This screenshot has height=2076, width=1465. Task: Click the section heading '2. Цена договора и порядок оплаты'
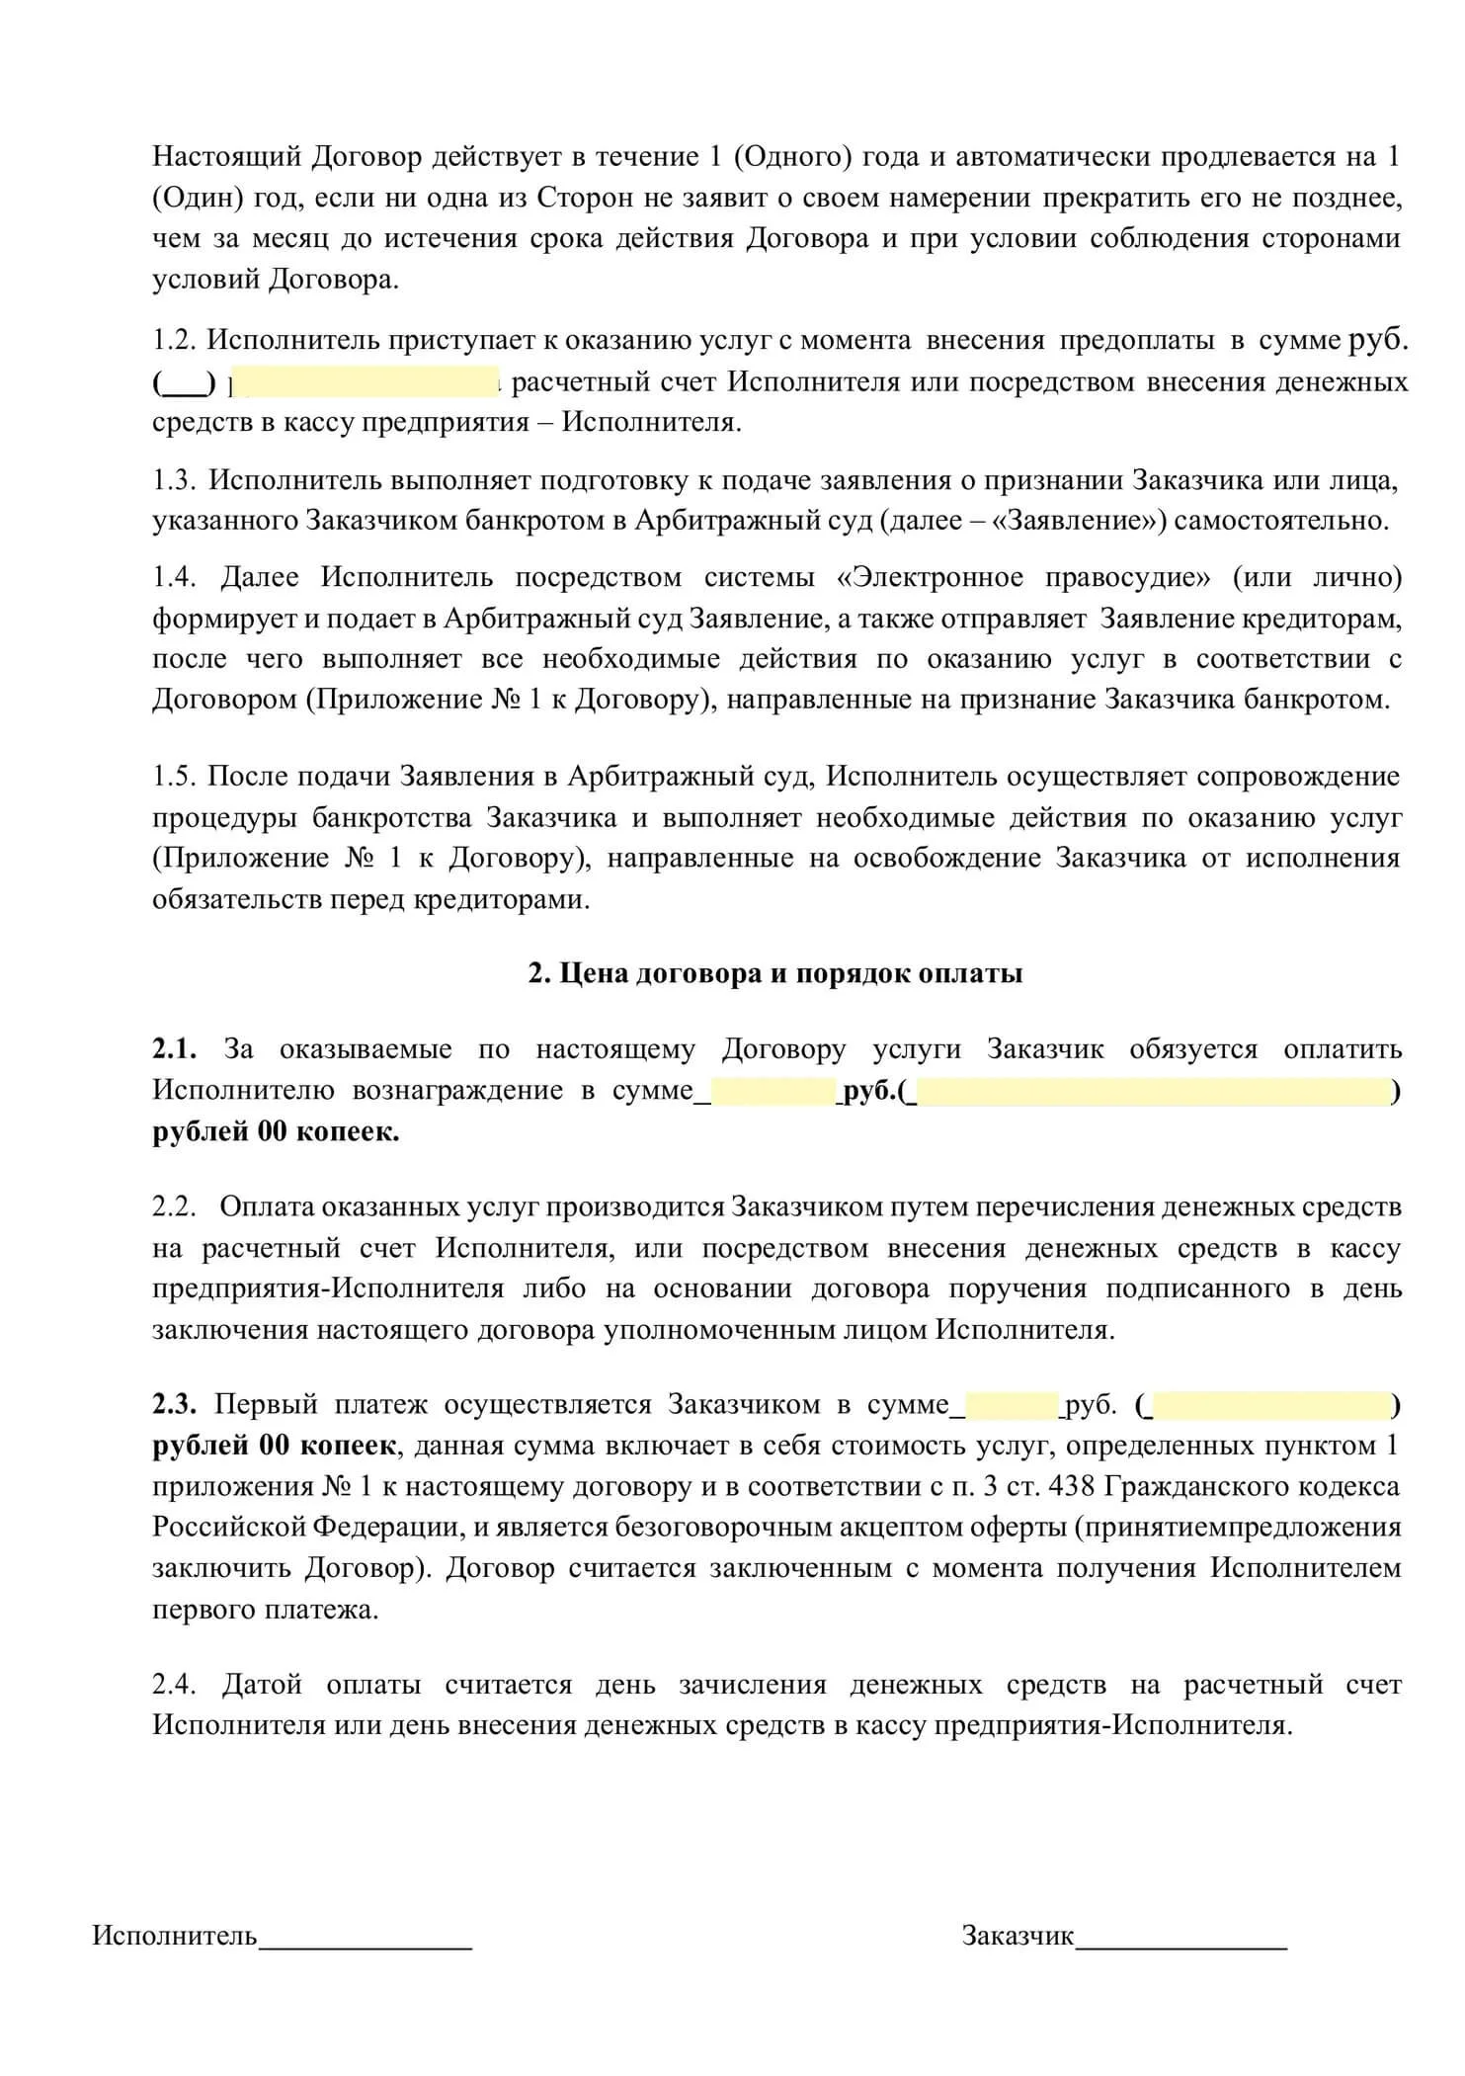(775, 973)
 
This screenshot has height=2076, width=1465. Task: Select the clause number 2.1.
(174, 1049)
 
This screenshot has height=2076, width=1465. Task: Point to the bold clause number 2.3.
(174, 1404)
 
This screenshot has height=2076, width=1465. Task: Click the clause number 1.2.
(176, 341)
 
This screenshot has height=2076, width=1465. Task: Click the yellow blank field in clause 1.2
(366, 381)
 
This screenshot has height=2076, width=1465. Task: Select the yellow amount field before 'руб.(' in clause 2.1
(773, 1091)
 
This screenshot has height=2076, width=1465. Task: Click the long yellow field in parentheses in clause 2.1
(1153, 1091)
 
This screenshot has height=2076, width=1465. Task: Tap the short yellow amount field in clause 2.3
(1011, 1405)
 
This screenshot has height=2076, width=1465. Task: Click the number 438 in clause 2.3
(1071, 1486)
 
